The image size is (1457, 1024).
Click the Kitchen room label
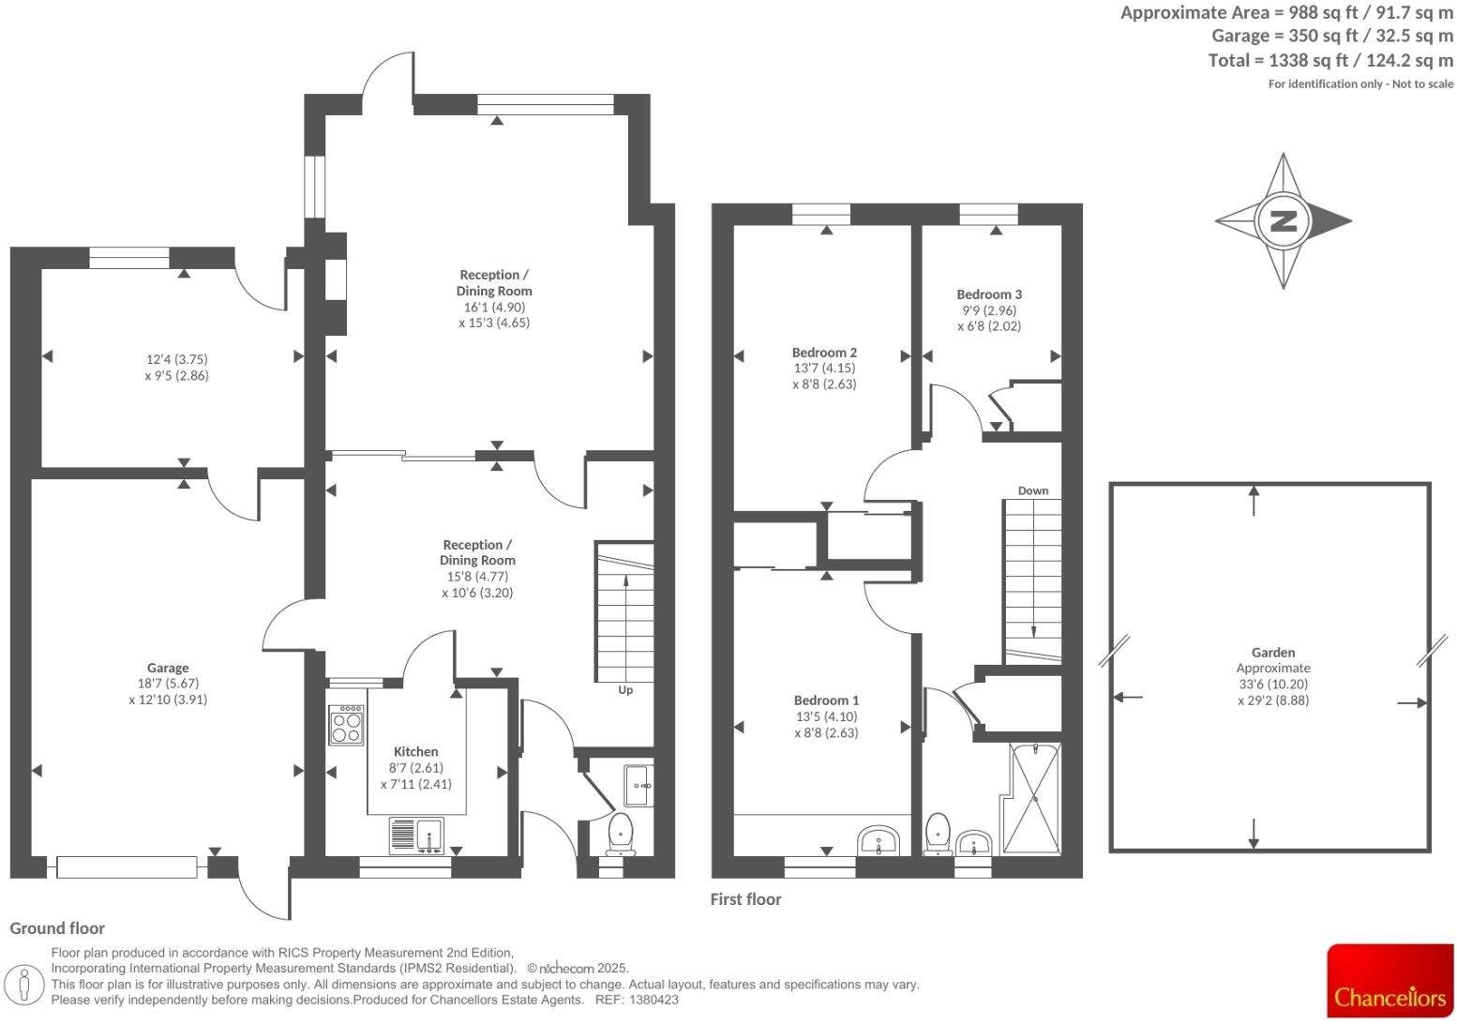coord(415,751)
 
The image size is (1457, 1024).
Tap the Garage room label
coord(168,668)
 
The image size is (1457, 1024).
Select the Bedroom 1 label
coord(826,700)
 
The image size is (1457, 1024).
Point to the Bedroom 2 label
coord(824,353)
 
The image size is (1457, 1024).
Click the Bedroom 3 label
coord(989,294)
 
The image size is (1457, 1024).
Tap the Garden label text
coord(1272,653)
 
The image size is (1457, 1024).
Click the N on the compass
coord(1282,221)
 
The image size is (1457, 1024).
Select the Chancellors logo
coord(1389,981)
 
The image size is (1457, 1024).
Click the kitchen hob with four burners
coord(346,725)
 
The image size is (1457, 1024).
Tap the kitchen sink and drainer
coord(416,835)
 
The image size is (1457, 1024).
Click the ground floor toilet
coord(620,834)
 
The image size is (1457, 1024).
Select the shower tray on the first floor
coord(1034,798)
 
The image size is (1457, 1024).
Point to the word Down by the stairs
coord(1033,490)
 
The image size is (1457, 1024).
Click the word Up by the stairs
coord(625,690)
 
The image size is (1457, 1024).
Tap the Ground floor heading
coord(57,928)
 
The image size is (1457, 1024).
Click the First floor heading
coord(745,899)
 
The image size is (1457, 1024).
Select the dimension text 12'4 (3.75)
coord(177,359)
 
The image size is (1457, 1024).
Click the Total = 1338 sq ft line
coord(1329,60)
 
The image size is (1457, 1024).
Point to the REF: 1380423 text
coord(637,1000)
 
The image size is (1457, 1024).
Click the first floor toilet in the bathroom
coord(938,834)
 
